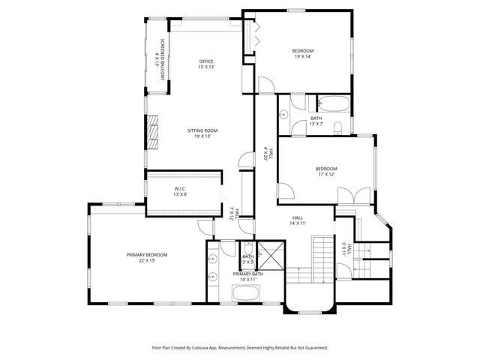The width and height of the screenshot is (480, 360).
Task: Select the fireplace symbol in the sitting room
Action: [154, 132]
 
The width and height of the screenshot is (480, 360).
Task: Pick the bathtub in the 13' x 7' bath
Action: [331, 104]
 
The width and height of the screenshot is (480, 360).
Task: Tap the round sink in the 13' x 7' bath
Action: [285, 115]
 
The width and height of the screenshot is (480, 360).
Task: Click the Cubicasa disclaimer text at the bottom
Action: [239, 348]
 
